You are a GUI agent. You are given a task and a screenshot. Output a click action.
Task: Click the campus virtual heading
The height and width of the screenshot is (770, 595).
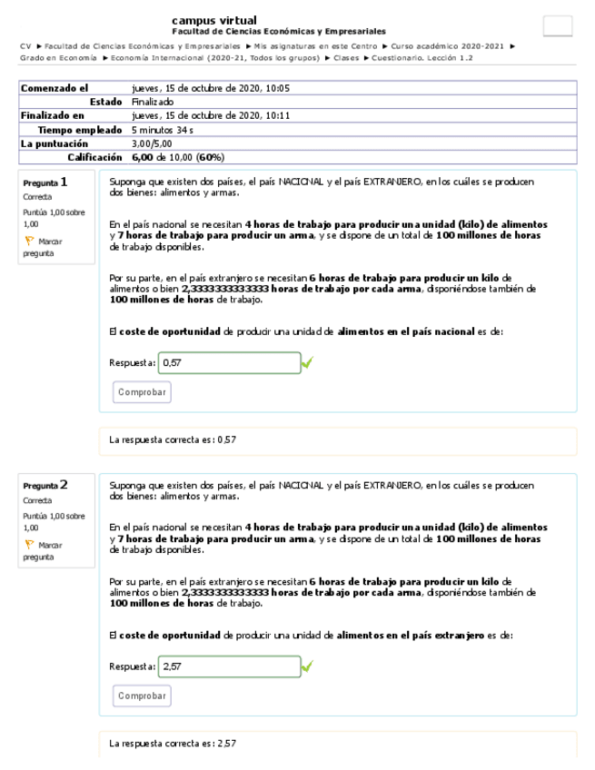(x=213, y=20)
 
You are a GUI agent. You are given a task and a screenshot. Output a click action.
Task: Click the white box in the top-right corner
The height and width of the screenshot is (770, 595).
(x=557, y=26)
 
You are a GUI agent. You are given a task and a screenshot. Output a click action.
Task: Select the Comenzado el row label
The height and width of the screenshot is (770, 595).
(x=55, y=89)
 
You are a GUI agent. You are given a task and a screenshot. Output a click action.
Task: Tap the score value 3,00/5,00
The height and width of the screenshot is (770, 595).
(x=150, y=143)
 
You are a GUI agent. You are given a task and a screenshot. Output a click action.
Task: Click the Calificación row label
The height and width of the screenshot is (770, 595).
(x=94, y=157)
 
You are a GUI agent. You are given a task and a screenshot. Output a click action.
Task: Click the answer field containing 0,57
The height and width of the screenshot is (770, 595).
(x=229, y=363)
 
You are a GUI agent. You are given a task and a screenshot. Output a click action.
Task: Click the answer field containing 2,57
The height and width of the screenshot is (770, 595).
(x=229, y=666)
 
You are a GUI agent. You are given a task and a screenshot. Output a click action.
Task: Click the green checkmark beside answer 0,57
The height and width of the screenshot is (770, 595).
(x=307, y=363)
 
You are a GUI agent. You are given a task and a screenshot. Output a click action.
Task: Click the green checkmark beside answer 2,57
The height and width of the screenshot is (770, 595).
(x=307, y=666)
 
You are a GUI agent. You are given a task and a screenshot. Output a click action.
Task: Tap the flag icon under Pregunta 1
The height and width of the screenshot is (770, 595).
(x=29, y=242)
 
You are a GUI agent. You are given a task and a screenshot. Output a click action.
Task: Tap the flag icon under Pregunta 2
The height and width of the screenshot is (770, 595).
(x=29, y=545)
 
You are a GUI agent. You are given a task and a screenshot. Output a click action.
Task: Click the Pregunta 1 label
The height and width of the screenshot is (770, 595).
(x=45, y=182)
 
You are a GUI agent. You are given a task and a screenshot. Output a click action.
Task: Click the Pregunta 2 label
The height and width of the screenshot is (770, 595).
(x=45, y=485)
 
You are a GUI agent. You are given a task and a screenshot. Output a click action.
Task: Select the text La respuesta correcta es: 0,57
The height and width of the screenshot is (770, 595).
(x=173, y=439)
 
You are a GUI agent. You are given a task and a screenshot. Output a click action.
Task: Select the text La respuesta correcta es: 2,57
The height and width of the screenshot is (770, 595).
(x=173, y=743)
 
